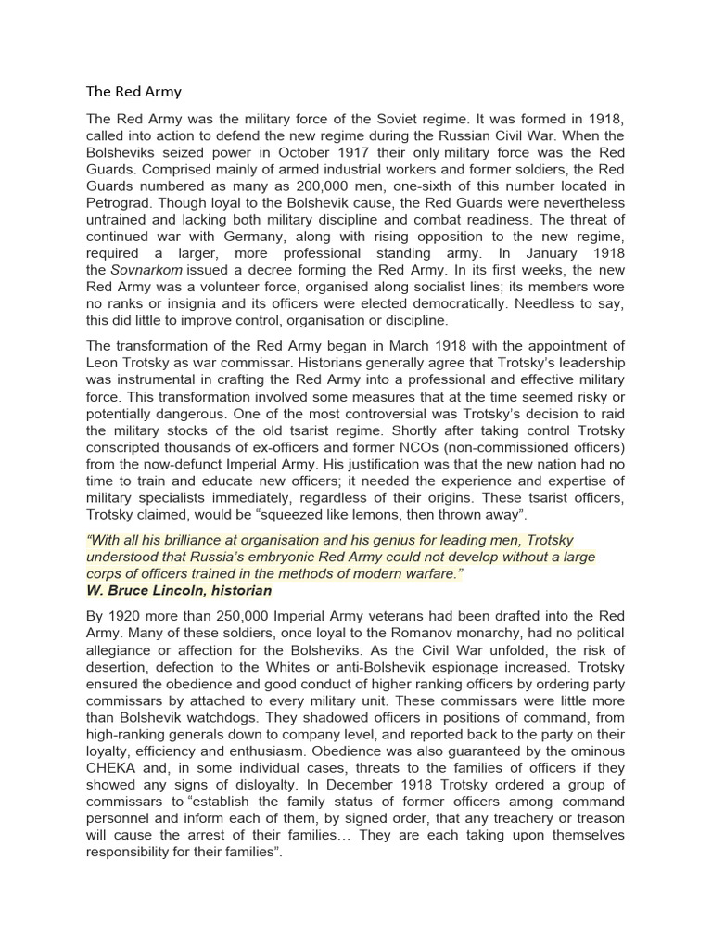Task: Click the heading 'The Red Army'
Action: click(x=133, y=92)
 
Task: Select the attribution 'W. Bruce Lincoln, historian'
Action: click(x=179, y=590)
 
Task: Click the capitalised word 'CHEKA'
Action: click(x=110, y=765)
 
